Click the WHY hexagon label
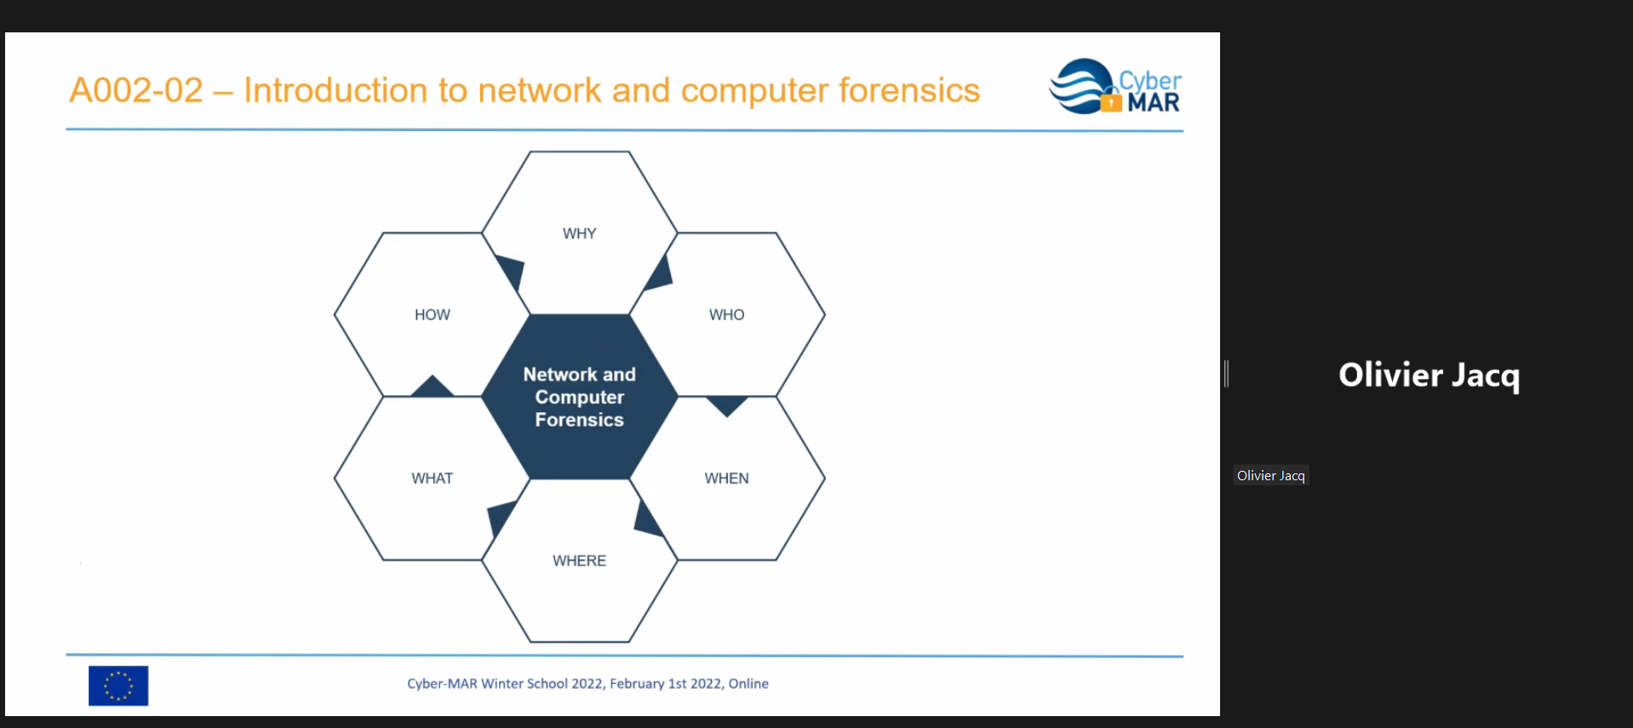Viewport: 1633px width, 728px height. click(x=579, y=233)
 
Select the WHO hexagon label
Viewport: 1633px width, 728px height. click(x=726, y=315)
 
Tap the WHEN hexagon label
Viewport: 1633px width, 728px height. click(x=726, y=479)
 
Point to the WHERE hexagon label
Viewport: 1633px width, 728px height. click(x=579, y=560)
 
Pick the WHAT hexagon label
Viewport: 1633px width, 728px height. click(x=432, y=479)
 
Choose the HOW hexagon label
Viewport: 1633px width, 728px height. click(x=432, y=315)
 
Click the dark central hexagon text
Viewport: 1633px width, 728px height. click(x=579, y=397)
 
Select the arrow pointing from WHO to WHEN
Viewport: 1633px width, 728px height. click(x=727, y=404)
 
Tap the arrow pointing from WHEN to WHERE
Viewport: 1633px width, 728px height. click(x=647, y=519)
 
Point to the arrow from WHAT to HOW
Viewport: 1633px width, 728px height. click(x=432, y=387)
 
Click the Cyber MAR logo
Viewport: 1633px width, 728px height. click(x=1115, y=87)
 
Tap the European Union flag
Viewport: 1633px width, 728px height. click(x=118, y=685)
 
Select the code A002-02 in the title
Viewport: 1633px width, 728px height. click(x=136, y=90)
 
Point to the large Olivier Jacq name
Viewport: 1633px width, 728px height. click(x=1429, y=375)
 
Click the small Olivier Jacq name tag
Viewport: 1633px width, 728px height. click(x=1270, y=476)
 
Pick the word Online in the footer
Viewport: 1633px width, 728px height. click(x=748, y=684)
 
